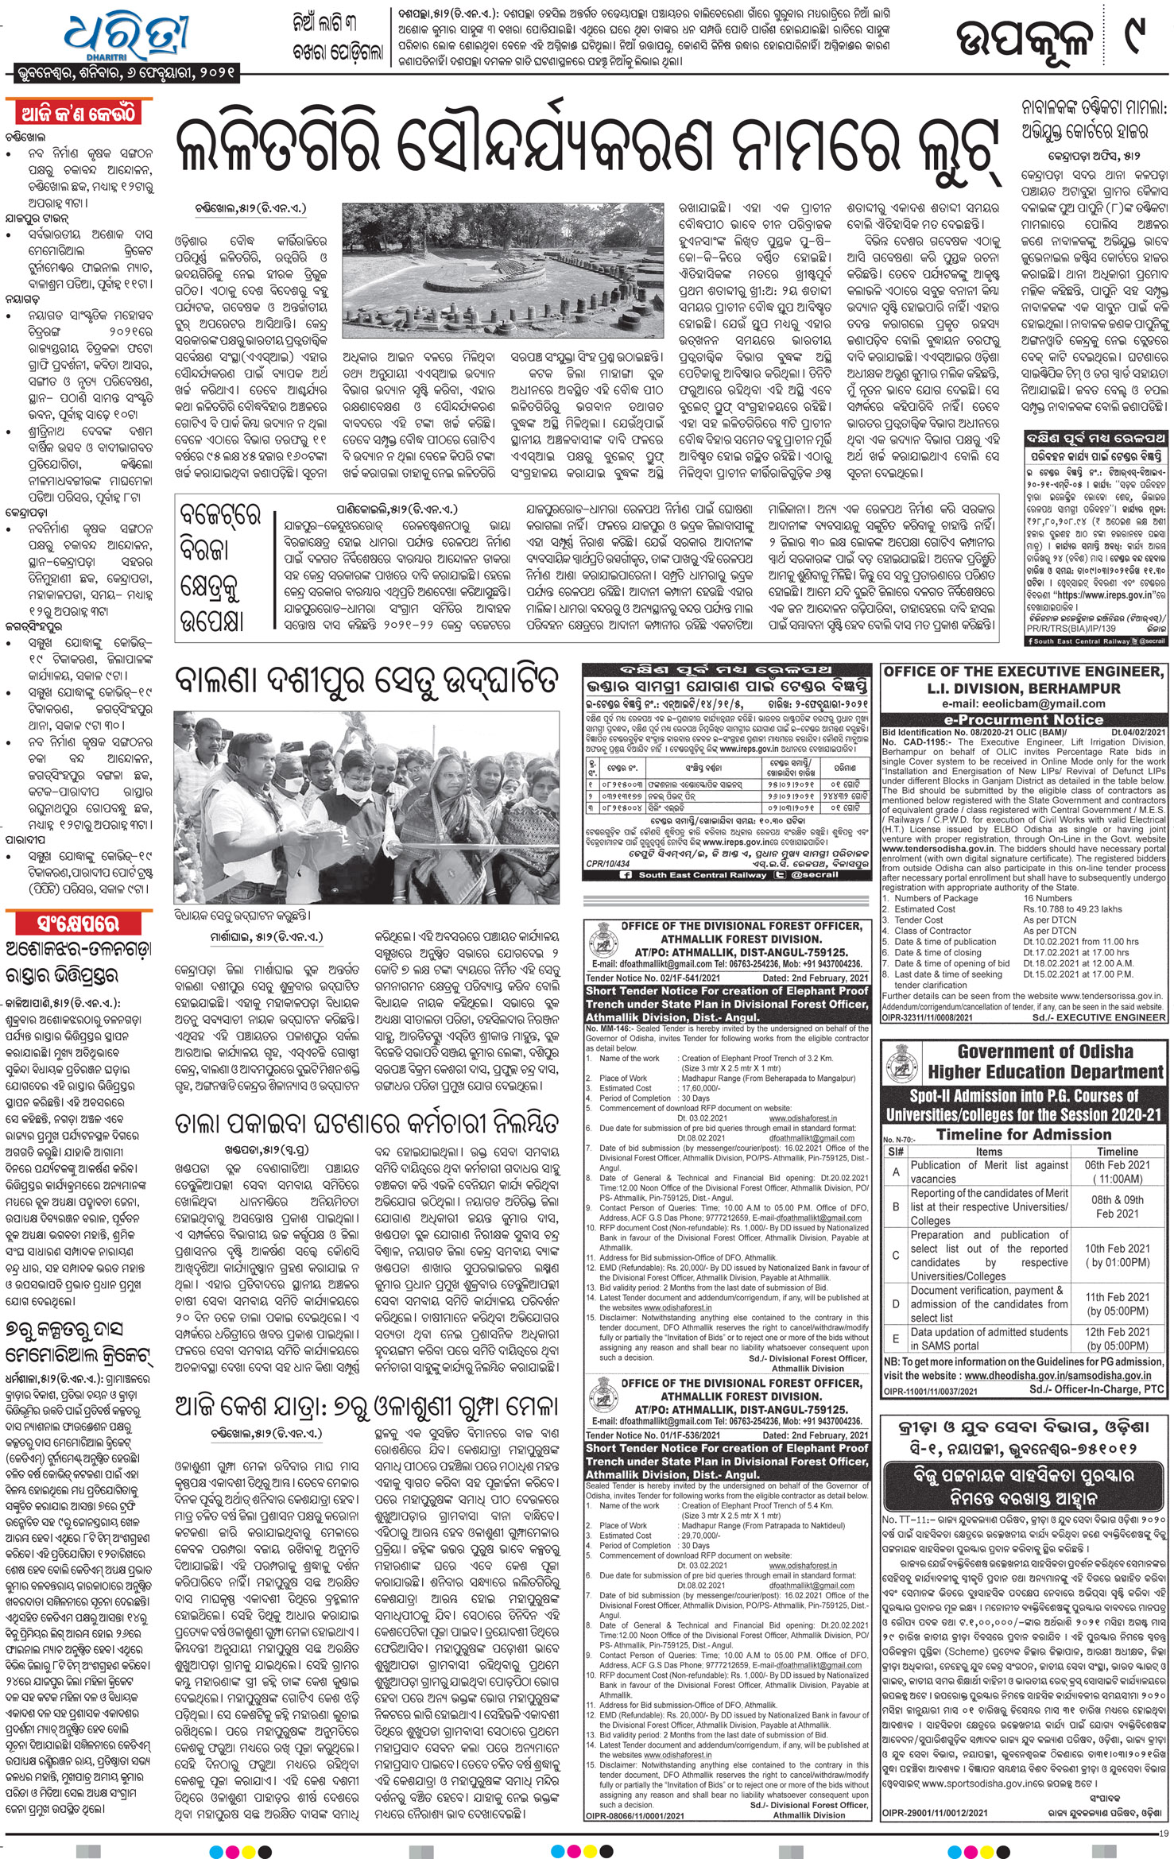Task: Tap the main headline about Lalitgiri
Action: [584, 146]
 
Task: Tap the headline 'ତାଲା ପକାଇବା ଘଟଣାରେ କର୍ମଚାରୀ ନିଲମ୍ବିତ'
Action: [366, 1124]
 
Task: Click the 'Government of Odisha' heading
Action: [1023, 1051]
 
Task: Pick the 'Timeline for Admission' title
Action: [1023, 1134]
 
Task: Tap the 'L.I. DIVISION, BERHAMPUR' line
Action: [1023, 688]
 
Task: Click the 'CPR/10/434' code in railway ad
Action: [607, 862]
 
